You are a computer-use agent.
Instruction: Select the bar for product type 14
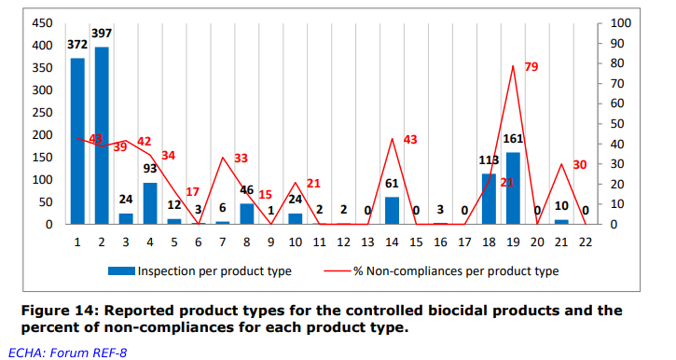(x=393, y=211)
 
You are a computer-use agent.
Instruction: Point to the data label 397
(x=102, y=33)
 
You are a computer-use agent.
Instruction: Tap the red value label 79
(x=532, y=67)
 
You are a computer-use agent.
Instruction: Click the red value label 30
(x=580, y=165)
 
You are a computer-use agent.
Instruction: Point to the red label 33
(x=241, y=159)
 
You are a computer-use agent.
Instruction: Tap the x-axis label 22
(x=586, y=241)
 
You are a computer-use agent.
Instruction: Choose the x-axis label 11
(x=319, y=241)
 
